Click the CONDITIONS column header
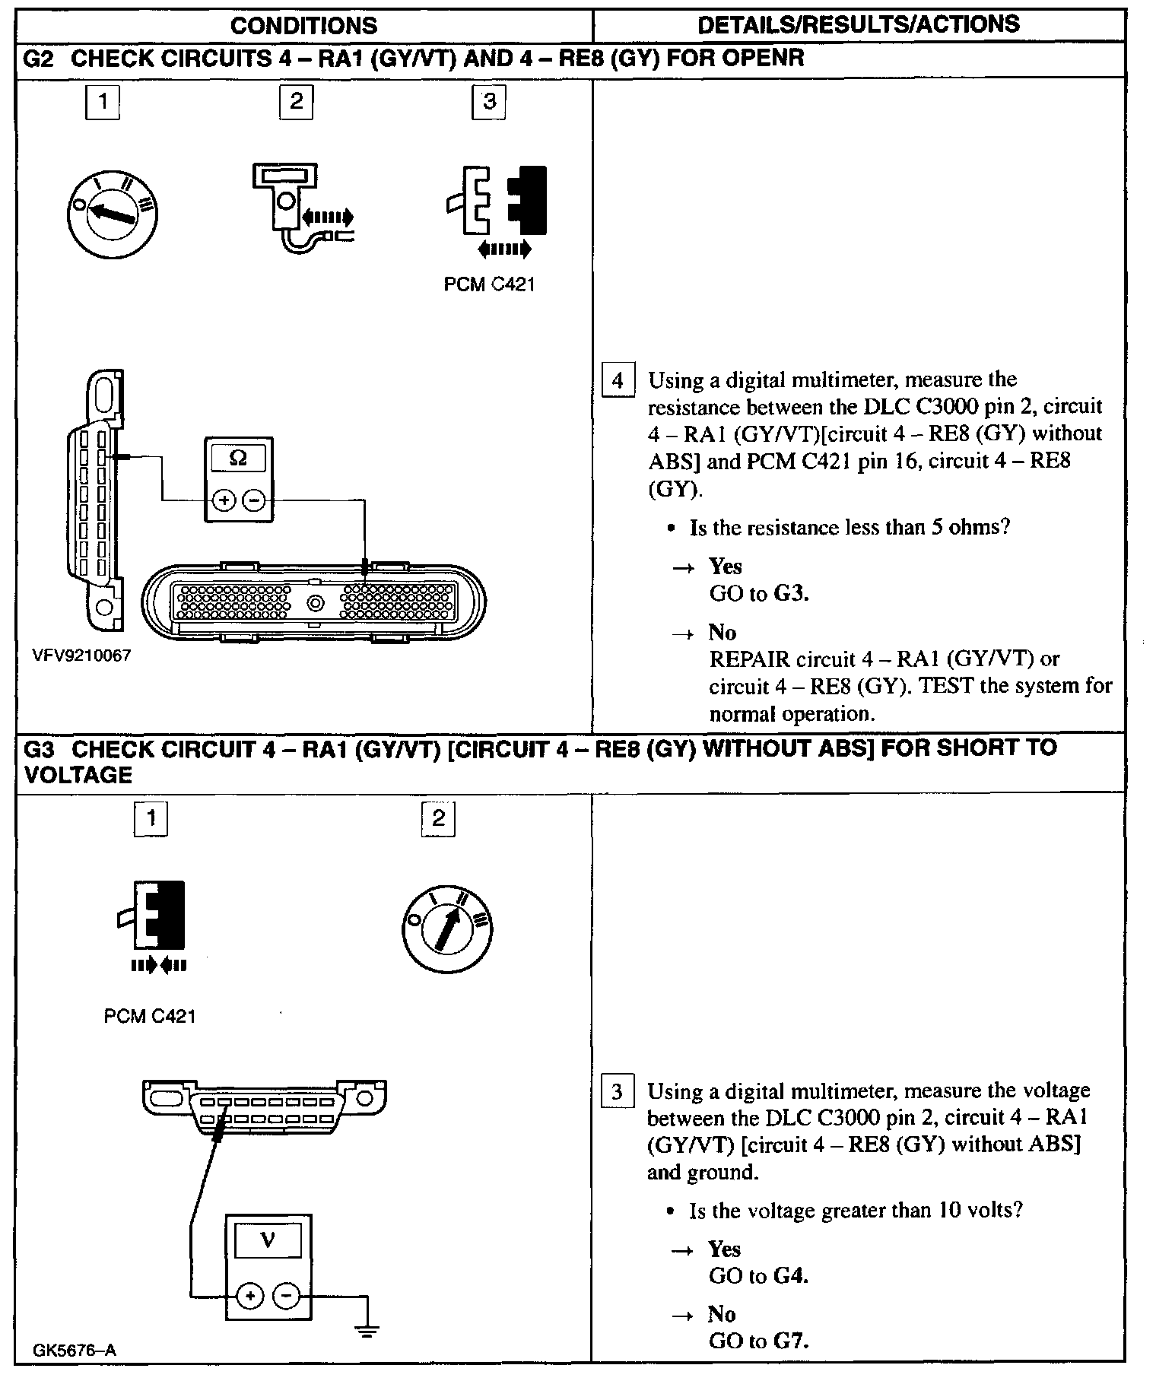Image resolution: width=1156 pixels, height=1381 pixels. point(303,26)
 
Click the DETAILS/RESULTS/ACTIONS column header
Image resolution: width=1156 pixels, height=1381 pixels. point(858,24)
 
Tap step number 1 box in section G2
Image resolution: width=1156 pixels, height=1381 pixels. point(103,101)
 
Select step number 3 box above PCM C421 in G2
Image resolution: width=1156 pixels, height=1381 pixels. point(489,101)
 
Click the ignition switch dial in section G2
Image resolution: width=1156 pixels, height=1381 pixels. point(113,212)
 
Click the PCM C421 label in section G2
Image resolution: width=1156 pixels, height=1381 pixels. point(489,285)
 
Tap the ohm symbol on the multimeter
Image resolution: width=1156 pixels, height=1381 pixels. point(238,459)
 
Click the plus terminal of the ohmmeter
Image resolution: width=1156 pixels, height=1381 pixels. point(224,500)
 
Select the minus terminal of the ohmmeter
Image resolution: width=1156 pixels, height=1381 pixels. point(255,500)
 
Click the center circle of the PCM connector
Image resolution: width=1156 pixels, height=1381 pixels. point(315,604)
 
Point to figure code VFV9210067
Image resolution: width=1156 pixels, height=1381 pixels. point(81,656)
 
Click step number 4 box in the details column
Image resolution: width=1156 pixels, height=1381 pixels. point(618,380)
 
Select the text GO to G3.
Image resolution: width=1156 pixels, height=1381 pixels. point(758,594)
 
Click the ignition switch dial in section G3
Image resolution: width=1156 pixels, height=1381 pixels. point(447,929)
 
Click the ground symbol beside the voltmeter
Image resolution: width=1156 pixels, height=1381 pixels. point(367,1331)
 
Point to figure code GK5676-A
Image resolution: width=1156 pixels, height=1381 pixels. point(74,1351)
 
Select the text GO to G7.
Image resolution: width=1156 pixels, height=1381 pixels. point(758,1341)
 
